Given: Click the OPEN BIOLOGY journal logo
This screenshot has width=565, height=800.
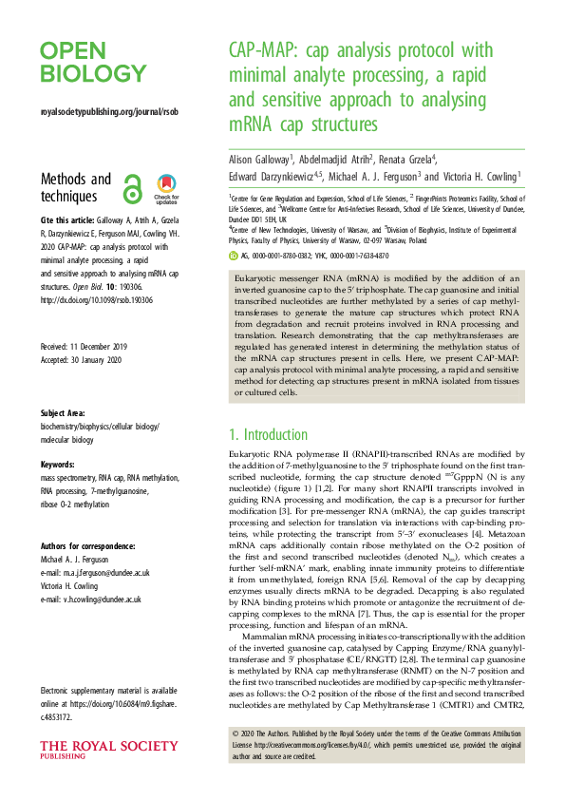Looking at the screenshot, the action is (x=92, y=62).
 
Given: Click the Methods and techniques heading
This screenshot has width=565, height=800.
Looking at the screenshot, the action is (x=76, y=187).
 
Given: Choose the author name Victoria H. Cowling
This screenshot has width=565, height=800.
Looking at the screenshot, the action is (x=482, y=176).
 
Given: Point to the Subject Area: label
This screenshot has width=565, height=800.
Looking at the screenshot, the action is (x=66, y=414).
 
